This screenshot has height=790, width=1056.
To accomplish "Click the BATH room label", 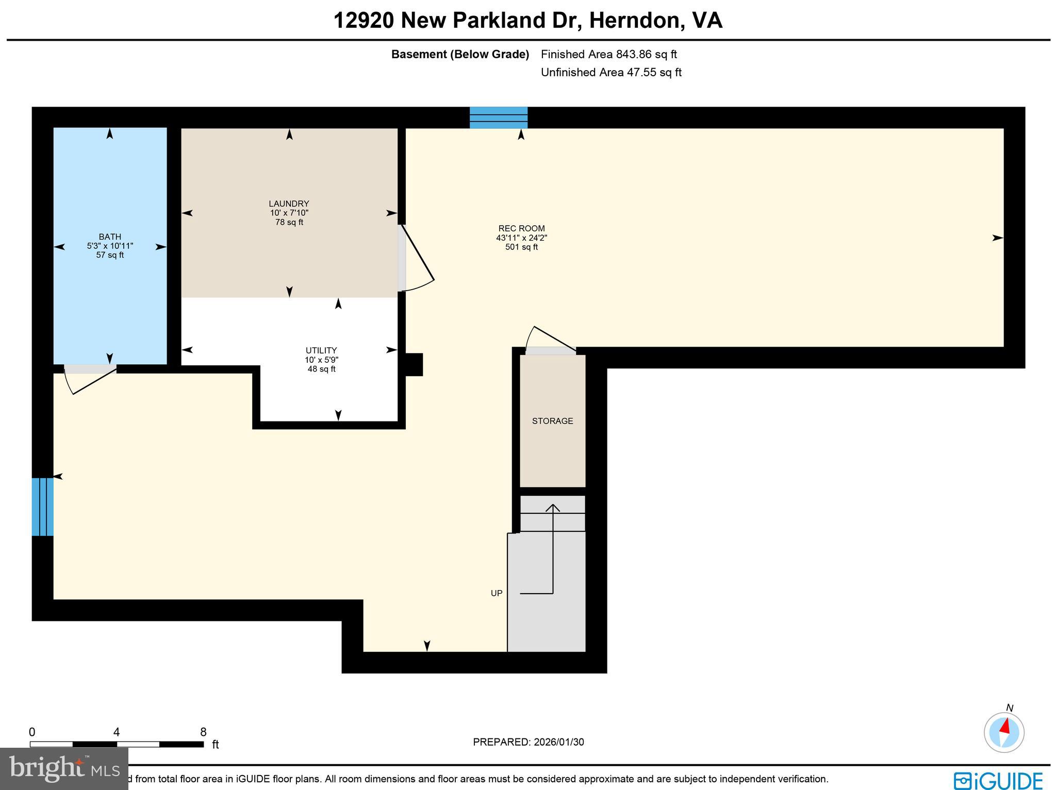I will click(110, 237).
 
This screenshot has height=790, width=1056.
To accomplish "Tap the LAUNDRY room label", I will click(289, 204).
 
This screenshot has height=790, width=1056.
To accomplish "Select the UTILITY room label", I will click(321, 350).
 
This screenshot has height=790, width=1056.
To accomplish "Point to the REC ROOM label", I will click(521, 228).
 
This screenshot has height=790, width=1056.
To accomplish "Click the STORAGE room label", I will click(552, 421).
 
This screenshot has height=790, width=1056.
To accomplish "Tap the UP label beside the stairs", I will click(497, 593).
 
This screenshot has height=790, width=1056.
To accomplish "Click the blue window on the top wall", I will click(498, 117).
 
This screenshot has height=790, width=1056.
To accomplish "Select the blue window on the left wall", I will click(42, 507).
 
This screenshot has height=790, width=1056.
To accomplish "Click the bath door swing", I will click(88, 380).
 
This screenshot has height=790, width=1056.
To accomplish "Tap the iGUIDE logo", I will click(998, 780).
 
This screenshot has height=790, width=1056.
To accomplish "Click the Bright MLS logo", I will click(64, 769).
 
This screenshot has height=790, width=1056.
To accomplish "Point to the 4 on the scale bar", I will click(117, 732).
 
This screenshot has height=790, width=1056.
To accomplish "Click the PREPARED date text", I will click(528, 742).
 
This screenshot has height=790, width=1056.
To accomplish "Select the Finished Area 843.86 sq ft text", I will click(608, 54).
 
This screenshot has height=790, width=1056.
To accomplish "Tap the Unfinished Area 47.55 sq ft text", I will click(611, 72).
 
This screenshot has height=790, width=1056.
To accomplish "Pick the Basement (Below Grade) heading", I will click(460, 54).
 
